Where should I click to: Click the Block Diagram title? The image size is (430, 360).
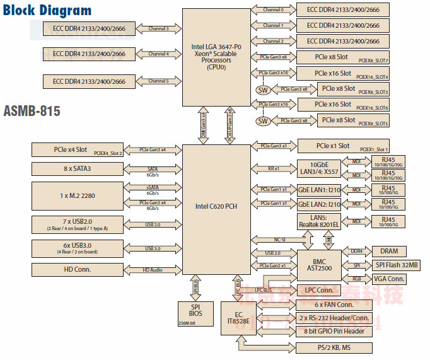(47, 11)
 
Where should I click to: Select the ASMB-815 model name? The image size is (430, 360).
(32, 112)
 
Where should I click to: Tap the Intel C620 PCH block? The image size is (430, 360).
(216, 206)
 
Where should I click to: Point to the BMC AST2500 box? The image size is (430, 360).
(319, 264)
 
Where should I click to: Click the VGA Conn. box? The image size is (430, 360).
(386, 279)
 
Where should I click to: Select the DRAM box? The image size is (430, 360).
(389, 251)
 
